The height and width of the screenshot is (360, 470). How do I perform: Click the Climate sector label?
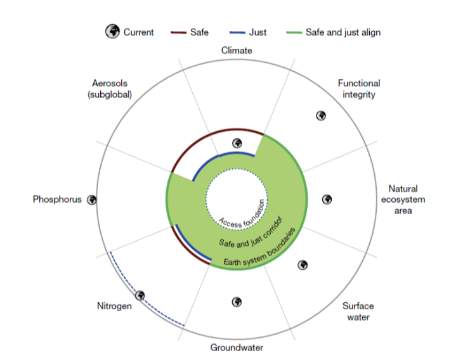(237, 50)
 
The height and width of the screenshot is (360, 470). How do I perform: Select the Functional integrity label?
(358, 89)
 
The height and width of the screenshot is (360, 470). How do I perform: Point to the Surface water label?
(358, 311)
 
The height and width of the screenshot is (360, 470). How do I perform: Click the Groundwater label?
(237, 347)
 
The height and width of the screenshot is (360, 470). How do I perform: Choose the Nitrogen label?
(114, 306)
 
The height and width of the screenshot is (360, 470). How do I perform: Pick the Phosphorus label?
(57, 200)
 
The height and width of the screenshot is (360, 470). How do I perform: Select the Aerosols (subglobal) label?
(112, 89)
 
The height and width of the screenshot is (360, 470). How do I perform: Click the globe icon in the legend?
(112, 32)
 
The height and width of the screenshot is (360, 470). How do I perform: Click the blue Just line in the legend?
(238, 32)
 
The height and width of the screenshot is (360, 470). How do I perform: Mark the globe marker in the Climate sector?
(237, 143)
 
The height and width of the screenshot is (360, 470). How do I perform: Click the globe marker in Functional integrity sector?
(321, 116)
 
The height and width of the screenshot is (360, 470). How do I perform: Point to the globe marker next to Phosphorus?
(91, 200)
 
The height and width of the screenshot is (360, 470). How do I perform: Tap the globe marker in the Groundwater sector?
(237, 302)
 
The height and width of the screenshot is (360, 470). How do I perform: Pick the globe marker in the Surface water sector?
(303, 265)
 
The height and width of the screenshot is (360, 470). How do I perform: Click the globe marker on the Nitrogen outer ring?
(140, 295)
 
